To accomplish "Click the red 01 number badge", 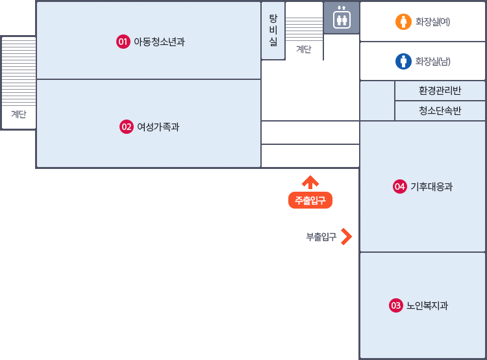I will tap(123, 42).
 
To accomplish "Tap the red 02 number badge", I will tap(126, 127).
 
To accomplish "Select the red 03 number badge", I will tap(395, 305).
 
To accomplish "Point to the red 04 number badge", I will tap(399, 187).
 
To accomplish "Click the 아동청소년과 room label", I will tap(159, 42).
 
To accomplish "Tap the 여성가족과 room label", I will tap(158, 127).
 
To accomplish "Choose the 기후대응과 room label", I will tap(431, 187).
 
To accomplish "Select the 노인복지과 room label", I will tap(427, 305).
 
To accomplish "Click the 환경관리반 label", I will tap(440, 90).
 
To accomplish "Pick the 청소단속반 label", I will tap(440, 110).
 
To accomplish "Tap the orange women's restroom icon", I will tap(404, 21).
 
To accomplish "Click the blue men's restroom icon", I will tap(404, 61).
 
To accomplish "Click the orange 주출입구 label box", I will tap(310, 200).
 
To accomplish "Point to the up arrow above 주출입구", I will tap(310, 182).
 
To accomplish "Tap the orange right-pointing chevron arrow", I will tap(346, 237).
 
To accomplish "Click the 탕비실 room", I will tap(273, 31).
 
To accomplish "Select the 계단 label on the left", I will tap(18, 114).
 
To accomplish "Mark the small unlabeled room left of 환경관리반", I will tap(377, 101).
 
